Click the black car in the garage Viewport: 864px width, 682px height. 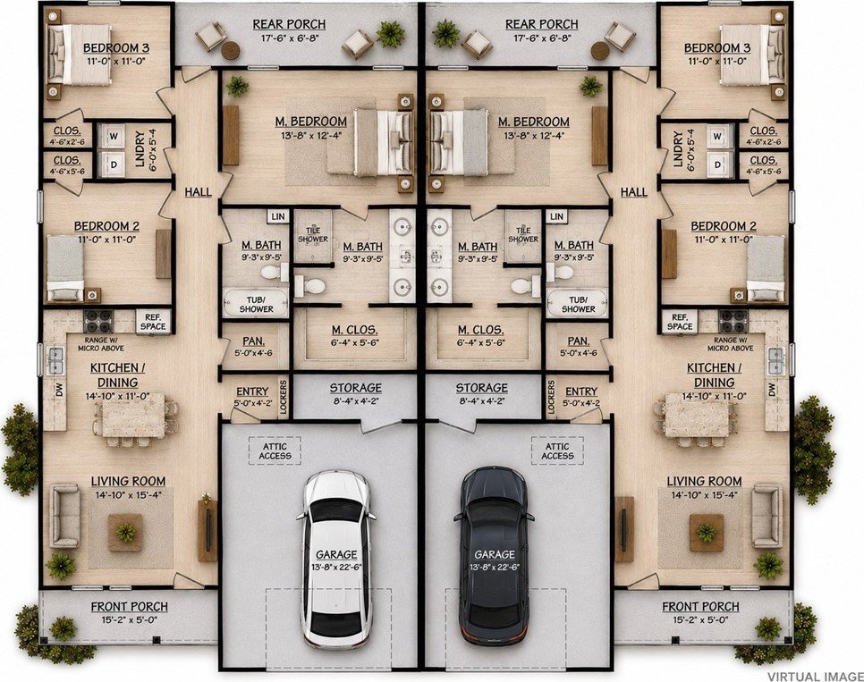click(494, 556)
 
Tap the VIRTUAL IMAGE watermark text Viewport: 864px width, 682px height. click(815, 676)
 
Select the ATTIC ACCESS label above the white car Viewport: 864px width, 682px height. click(275, 451)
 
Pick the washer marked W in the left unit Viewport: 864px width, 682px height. click(114, 137)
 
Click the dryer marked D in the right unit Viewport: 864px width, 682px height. click(718, 164)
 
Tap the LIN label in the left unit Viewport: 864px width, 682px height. click(278, 217)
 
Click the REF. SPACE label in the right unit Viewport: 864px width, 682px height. click(680, 322)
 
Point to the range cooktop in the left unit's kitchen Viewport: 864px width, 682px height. click(98, 319)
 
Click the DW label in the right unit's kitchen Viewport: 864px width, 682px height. click(771, 390)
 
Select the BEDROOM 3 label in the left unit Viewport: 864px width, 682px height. click(116, 48)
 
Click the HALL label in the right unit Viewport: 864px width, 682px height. click(633, 191)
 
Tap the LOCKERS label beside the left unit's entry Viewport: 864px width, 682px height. click(284, 396)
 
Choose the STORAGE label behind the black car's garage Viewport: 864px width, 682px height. click(481, 388)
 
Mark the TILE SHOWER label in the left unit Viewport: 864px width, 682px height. click(312, 235)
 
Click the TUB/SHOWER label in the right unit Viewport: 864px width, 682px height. click(578, 305)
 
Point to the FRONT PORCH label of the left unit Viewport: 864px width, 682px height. click(129, 607)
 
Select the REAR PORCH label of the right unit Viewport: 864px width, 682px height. click(542, 24)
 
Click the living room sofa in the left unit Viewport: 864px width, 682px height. click(64, 516)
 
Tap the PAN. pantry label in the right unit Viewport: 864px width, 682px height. click(579, 341)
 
